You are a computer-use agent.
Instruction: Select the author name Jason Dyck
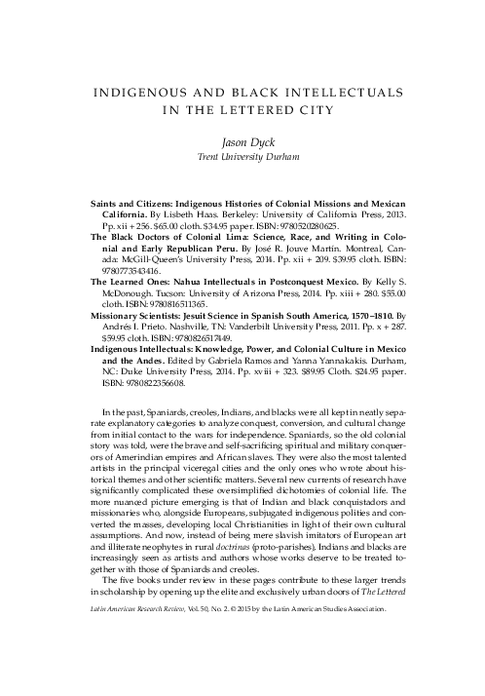pos(242,143)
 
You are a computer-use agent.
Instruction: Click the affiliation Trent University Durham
pos(242,158)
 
